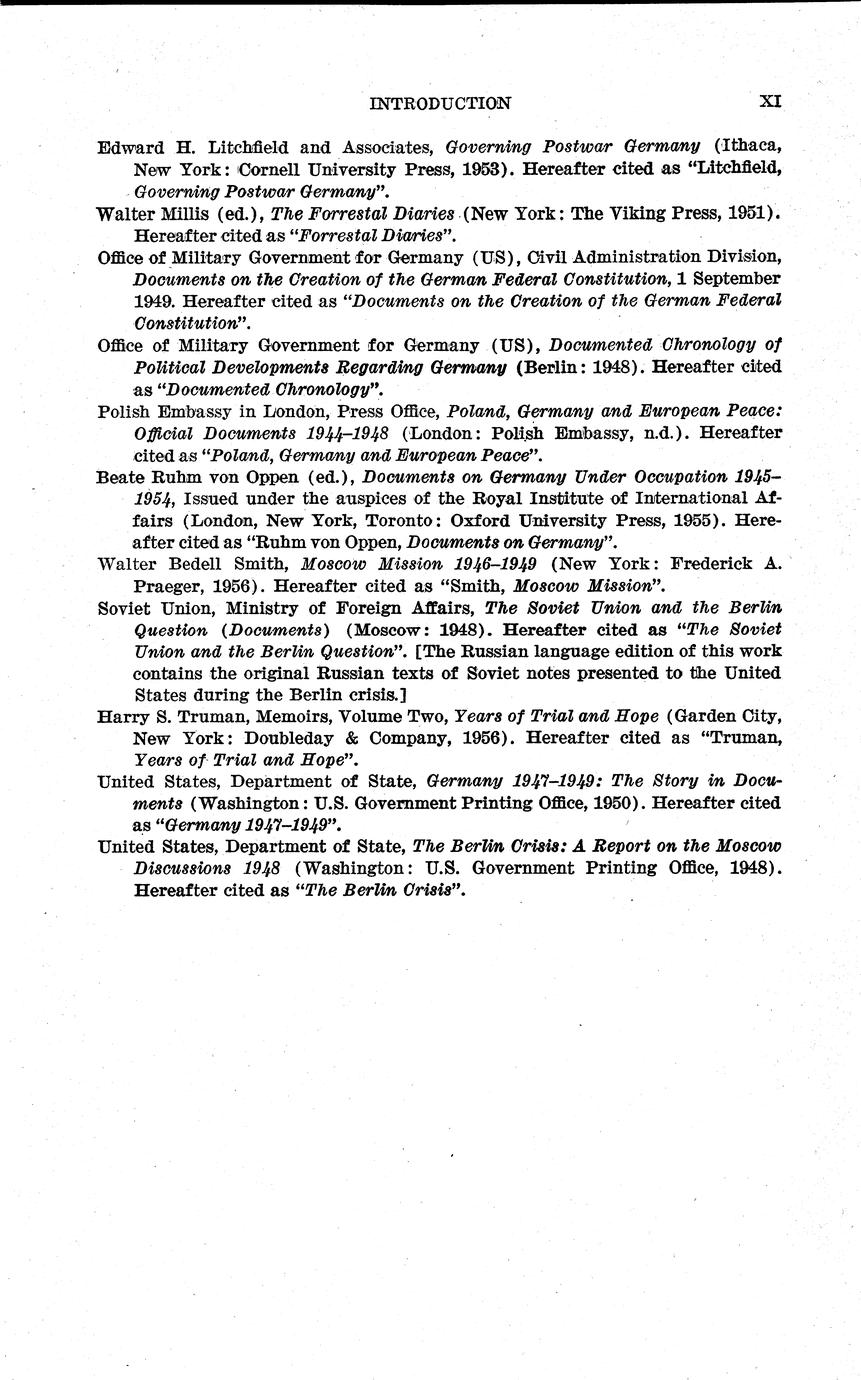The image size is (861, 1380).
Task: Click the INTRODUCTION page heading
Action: pyautogui.click(x=440, y=103)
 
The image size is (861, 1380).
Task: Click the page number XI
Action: pyautogui.click(x=770, y=102)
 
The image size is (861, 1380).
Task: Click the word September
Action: pyautogui.click(x=732, y=278)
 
